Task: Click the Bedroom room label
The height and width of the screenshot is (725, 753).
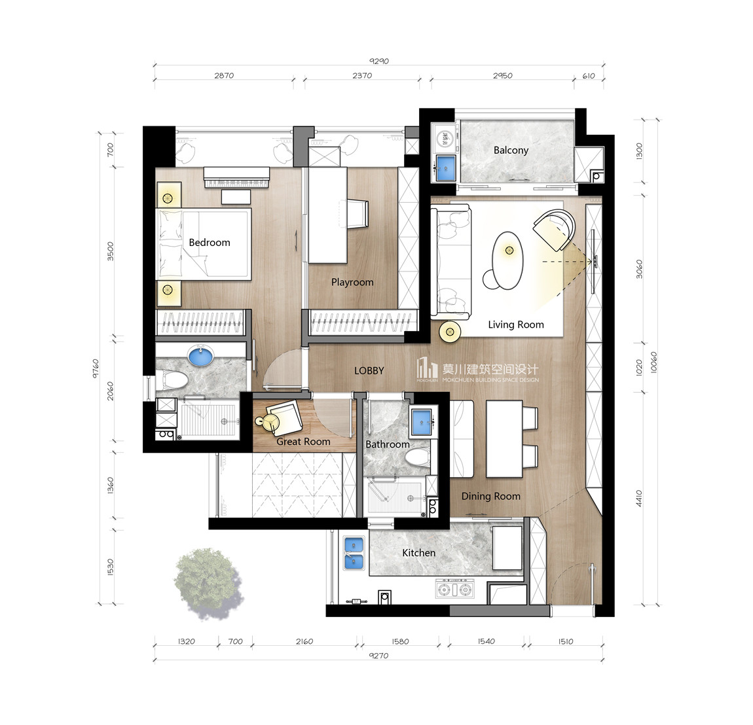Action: pyautogui.click(x=210, y=242)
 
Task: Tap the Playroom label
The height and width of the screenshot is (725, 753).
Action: pyautogui.click(x=352, y=282)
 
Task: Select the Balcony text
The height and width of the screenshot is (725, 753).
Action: pyautogui.click(x=511, y=150)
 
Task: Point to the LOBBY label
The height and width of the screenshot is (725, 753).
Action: pyautogui.click(x=369, y=371)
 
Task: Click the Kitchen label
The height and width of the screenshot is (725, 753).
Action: pyautogui.click(x=419, y=553)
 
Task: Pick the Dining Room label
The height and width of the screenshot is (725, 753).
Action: pyautogui.click(x=491, y=496)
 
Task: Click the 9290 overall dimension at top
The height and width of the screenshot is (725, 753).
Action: pyautogui.click(x=379, y=61)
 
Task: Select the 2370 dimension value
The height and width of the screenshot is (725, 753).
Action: pyautogui.click(x=362, y=75)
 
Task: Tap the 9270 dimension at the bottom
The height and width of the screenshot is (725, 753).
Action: pyautogui.click(x=378, y=656)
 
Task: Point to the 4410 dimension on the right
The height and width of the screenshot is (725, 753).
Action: pyautogui.click(x=639, y=498)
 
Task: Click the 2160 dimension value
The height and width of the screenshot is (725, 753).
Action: pyautogui.click(x=304, y=641)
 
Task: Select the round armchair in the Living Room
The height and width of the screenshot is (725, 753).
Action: pyautogui.click(x=554, y=230)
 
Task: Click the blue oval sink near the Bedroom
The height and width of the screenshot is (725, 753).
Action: pyautogui.click(x=201, y=357)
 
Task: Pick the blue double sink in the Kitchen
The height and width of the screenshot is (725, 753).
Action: pyautogui.click(x=354, y=553)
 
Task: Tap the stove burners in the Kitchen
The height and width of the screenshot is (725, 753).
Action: pyautogui.click(x=454, y=589)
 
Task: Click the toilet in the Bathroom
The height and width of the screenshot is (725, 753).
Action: pyautogui.click(x=417, y=458)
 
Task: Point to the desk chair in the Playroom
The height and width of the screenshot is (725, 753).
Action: pyautogui.click(x=358, y=214)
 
